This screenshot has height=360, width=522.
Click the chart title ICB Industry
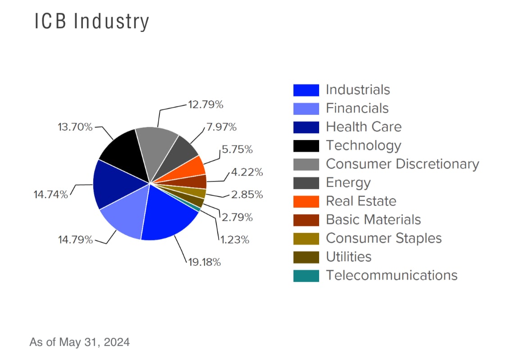click(x=92, y=22)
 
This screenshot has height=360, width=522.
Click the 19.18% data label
click(x=204, y=262)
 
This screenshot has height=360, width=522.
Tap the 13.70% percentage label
click(x=75, y=127)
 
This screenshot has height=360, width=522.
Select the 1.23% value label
click(x=235, y=240)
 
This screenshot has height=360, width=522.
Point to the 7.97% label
click(x=221, y=127)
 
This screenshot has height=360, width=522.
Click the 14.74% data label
click(x=50, y=195)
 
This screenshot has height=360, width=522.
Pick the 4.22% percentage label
click(x=247, y=172)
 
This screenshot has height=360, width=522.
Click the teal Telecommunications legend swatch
click(x=306, y=275)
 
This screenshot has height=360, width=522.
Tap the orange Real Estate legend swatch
click(x=306, y=201)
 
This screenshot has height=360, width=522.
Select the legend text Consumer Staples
click(x=384, y=238)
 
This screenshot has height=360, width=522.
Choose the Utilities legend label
click(x=348, y=257)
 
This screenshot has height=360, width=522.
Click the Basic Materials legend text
click(x=373, y=219)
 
